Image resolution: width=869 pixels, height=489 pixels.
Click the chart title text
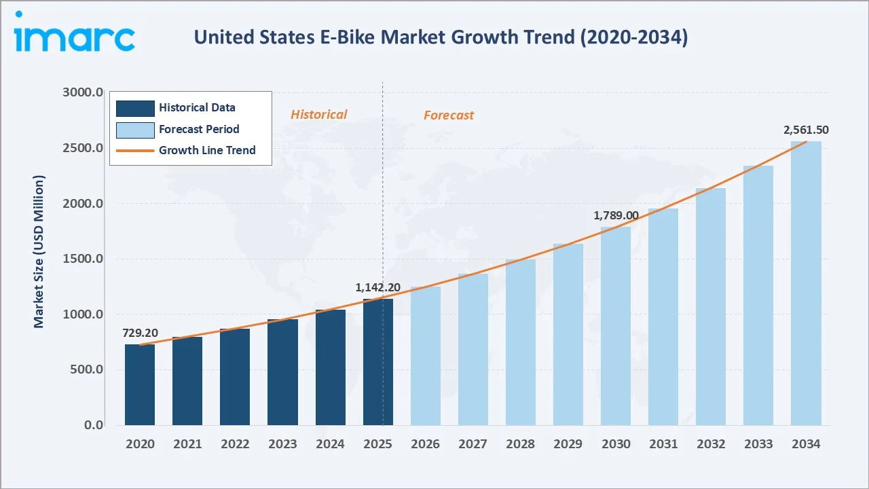[x=441, y=37]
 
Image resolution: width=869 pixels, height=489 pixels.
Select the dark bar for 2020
[x=140, y=385]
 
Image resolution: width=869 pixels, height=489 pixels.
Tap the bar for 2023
[x=282, y=372]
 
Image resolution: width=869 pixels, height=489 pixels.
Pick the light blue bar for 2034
[x=806, y=283]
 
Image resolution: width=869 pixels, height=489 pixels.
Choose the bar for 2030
[x=616, y=326]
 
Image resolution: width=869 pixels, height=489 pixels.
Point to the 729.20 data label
[x=140, y=333]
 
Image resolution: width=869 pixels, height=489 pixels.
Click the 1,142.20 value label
[x=377, y=287]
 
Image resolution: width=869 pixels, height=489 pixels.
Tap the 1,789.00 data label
[x=616, y=215]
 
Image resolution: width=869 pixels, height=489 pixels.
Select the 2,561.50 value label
[x=806, y=130]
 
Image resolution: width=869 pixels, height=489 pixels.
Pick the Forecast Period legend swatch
[x=135, y=129]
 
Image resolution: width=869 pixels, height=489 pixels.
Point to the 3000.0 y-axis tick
[x=84, y=92]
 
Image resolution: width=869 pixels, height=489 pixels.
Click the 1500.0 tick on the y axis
[x=84, y=259]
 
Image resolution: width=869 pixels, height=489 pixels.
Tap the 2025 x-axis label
[x=377, y=444]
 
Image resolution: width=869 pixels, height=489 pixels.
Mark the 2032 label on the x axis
[x=711, y=444]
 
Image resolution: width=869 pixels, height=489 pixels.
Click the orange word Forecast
[x=449, y=115]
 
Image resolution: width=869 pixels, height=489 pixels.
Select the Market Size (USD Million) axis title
[x=39, y=251]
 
